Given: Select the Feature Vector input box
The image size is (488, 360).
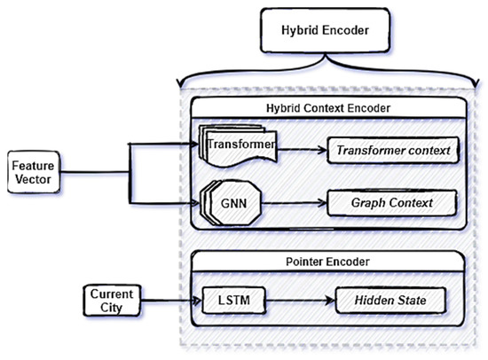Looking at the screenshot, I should click(31, 168).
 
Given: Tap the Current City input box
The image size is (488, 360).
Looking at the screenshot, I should click(112, 300).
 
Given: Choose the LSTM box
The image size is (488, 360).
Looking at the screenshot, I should click(226, 301).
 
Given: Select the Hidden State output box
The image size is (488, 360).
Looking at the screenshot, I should click(394, 301).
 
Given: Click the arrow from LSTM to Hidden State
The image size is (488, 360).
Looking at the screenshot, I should click(292, 301).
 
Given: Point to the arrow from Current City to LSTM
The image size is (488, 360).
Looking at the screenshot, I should click(169, 301).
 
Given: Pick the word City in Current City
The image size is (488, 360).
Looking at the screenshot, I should click(112, 308).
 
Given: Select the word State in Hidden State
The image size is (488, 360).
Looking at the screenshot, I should click(417, 301).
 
